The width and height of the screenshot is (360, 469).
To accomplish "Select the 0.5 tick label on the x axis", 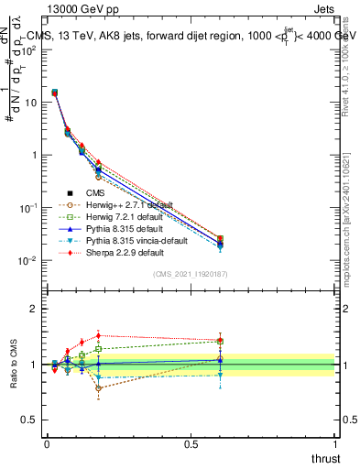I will point(191,443).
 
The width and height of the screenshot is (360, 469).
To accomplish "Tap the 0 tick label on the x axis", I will point(47,443).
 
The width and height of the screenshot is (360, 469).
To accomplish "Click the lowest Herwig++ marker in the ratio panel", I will point(98,388).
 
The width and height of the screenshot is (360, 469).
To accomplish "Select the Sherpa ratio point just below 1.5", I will point(98,336).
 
